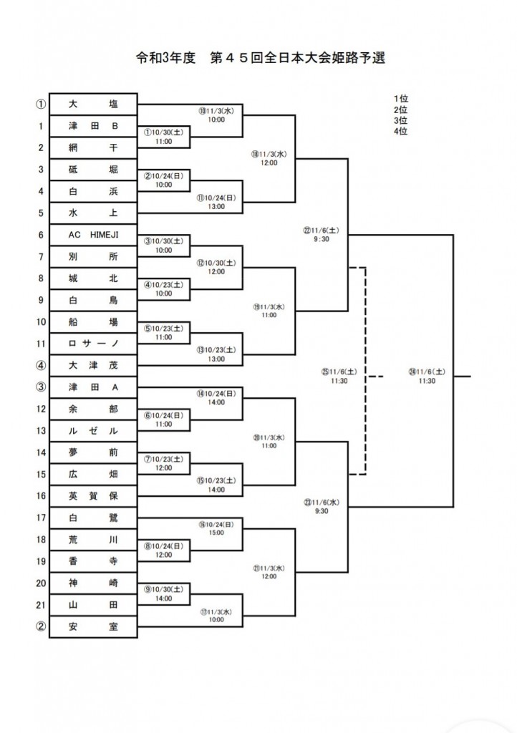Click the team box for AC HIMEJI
pos(93,235)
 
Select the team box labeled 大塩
pos(93,104)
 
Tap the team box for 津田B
pos(93,126)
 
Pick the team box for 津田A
pos(93,387)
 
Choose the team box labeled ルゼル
pos(93,431)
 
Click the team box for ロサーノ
pos(93,344)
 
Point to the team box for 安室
pos(93,628)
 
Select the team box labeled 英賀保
pos(93,496)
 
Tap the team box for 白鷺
pos(93,518)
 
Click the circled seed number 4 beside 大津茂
pos(41,366)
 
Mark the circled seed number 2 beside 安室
pos(41,628)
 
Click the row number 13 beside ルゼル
pos(41,431)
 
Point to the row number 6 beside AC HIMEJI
pos(41,235)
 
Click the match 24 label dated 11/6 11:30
pos(427,376)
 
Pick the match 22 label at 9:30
pos(321,235)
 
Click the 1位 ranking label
pos(400,99)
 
